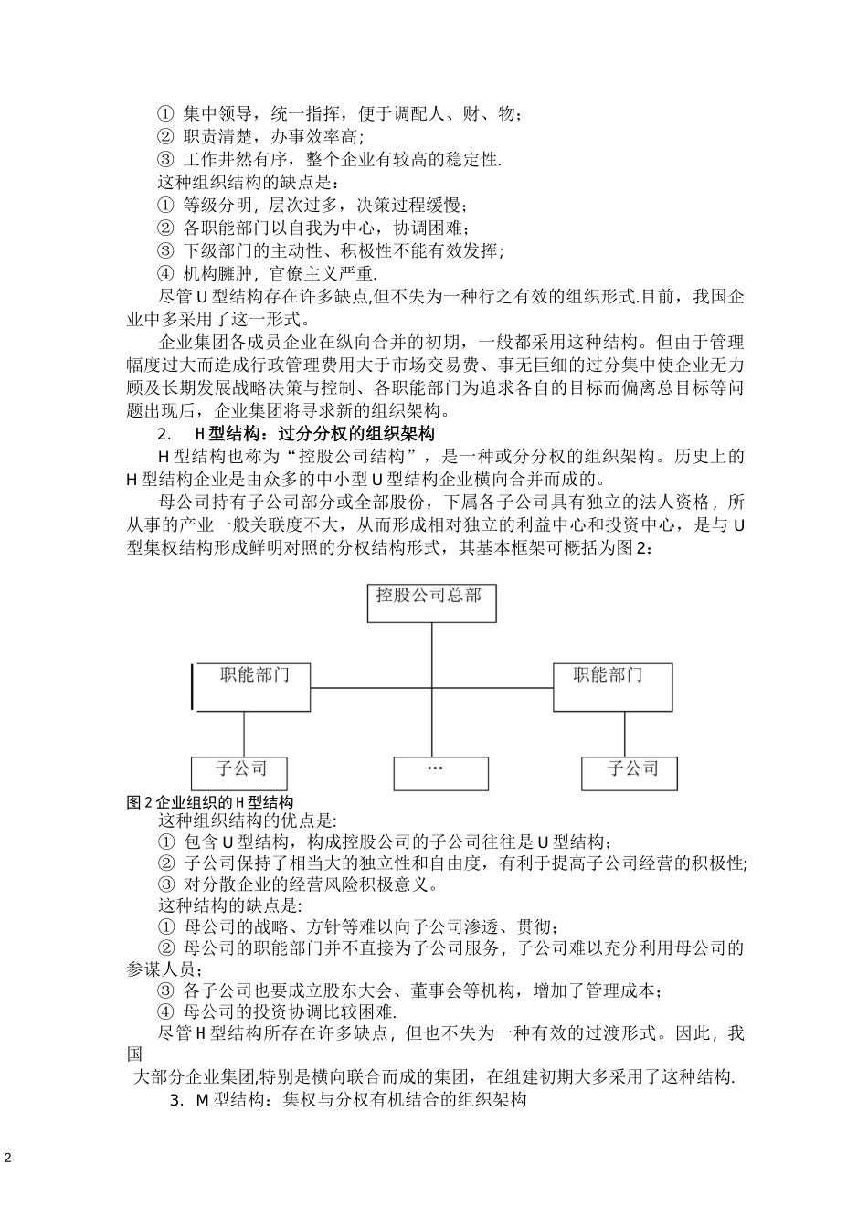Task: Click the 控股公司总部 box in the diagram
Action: click(x=431, y=603)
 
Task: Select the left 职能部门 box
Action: click(x=252, y=687)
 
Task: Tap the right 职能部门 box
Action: click(x=612, y=687)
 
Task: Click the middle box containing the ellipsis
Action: click(x=435, y=773)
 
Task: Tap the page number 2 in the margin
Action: click(x=8, y=1159)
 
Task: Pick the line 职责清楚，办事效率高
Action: click(x=260, y=137)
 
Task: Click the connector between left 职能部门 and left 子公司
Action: click(x=245, y=734)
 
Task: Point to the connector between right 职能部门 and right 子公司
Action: click(x=625, y=734)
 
